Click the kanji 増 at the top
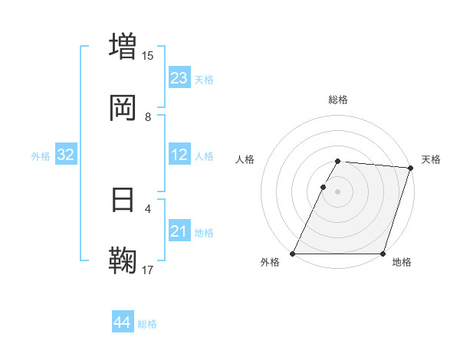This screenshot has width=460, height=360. coord(123,45)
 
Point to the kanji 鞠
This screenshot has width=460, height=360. coord(123,260)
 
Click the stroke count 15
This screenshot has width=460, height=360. coord(148,55)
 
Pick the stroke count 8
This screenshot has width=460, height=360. coord(148,117)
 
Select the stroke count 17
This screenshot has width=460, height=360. coord(148,270)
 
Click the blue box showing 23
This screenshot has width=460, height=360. coord(179,78)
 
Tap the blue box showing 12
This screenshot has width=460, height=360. coord(179,155)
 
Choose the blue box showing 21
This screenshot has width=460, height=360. coord(179,232)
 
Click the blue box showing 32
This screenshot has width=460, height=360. coord(66,155)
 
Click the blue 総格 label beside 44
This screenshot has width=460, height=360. coord(147,324)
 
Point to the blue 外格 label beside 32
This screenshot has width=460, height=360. coord(41,156)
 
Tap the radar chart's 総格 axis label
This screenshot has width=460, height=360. coord(338,100)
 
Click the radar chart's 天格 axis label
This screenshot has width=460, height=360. coord(431,159)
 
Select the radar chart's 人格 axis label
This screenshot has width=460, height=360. coord(245,159)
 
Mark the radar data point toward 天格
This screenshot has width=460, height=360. coord(411,168)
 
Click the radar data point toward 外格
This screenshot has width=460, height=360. coord(293,254)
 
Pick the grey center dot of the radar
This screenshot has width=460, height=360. coord(338,191)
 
